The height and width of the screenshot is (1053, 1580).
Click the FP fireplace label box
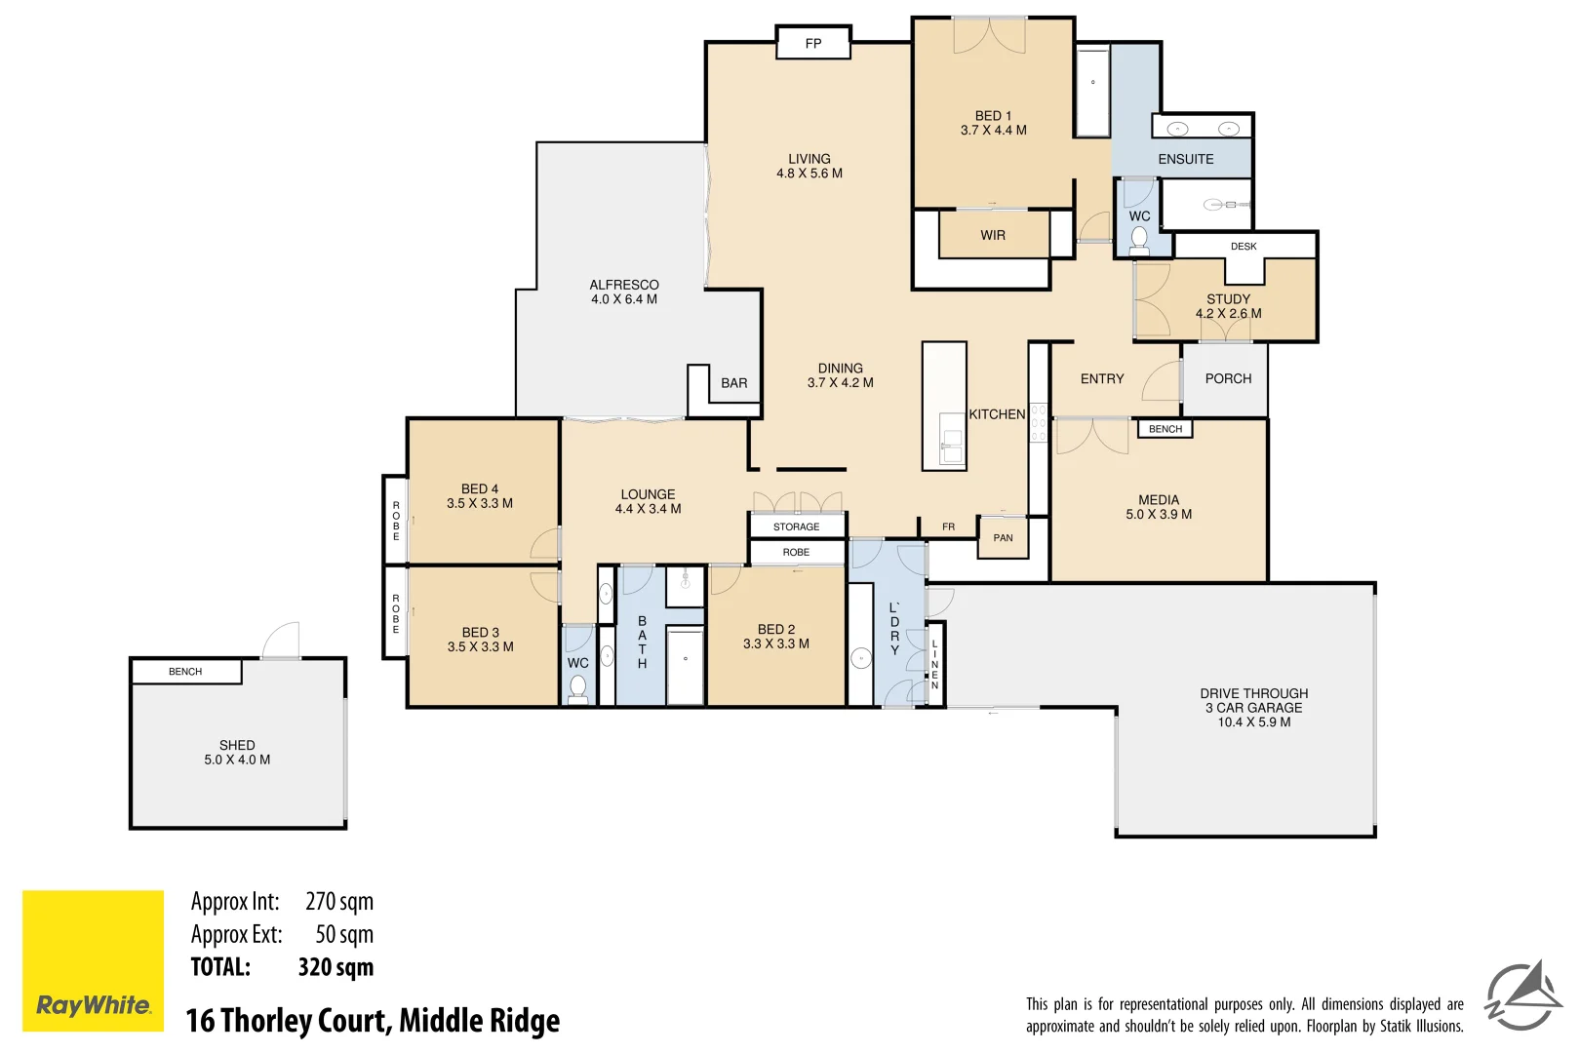coord(813,43)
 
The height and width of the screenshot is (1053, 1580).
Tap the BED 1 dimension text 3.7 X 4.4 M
coord(993,131)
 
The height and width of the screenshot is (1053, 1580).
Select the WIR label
coord(993,235)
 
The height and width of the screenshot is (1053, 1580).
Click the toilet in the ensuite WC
coord(1138,239)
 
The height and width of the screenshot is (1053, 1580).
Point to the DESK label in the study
coord(1244,247)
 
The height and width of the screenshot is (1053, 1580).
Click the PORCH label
coord(1228,378)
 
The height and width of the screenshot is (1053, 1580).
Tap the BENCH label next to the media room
coord(1165,429)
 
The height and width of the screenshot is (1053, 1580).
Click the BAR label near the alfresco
coord(733,383)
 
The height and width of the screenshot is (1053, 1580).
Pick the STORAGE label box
coord(796,526)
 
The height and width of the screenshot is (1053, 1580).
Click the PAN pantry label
coord(1003,538)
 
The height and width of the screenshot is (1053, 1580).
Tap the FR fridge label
coord(948,526)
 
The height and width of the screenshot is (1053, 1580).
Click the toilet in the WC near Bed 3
coord(577,688)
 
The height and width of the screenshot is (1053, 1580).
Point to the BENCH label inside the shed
coord(185,672)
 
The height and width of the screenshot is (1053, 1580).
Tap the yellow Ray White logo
coord(93,960)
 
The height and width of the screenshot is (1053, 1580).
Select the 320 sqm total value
coord(336,967)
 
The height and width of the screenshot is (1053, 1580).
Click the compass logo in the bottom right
coord(1522,996)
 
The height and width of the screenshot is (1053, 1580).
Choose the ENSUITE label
coord(1185,159)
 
